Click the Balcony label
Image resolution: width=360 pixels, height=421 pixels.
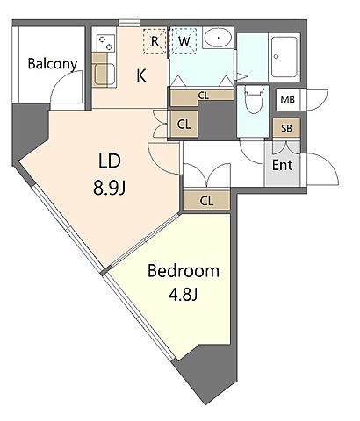pos(53,64)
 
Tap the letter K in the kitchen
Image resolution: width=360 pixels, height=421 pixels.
pos(141,75)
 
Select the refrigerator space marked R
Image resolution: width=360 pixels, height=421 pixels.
pos(155,41)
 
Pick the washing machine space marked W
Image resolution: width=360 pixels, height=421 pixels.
pos(184,41)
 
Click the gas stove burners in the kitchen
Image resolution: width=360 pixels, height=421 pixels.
pos(104,43)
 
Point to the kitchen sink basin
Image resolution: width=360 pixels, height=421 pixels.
pos(105,75)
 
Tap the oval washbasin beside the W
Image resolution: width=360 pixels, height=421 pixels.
pos(218,38)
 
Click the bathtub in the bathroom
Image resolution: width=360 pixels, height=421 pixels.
pos(285,56)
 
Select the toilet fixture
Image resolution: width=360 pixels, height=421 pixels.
pos(254,99)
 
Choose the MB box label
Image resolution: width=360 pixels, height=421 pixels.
pos(287,100)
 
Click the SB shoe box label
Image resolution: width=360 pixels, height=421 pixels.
pos(286,128)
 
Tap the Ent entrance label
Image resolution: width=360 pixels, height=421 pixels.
pos(283,165)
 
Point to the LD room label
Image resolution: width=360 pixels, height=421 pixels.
pos(110,161)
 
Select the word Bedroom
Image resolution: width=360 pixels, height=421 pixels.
pos(184,271)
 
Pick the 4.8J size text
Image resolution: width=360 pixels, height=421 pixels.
pos(184,295)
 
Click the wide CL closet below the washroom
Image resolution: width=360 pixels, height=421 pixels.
pos(203,96)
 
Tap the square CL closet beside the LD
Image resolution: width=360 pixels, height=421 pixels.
pos(184,124)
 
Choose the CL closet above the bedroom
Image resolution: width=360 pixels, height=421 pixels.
pos(206,201)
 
